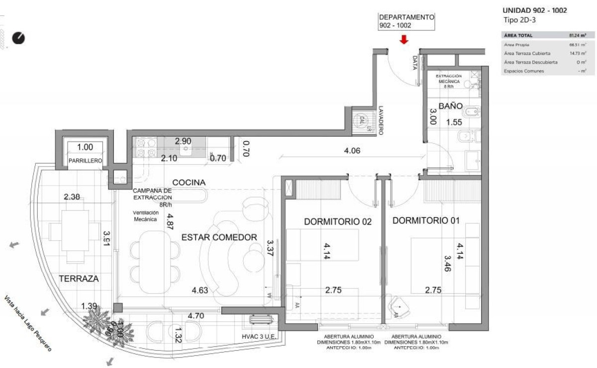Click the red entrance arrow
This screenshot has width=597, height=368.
(404, 40)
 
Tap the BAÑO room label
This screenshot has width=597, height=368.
(450, 106)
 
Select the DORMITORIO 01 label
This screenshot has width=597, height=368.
(426, 220)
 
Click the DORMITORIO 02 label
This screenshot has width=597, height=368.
(338, 221)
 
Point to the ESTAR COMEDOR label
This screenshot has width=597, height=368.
(219, 237)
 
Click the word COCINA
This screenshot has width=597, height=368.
(189, 183)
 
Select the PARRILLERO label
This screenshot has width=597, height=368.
(85, 161)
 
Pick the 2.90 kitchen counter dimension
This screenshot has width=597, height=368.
(183, 141)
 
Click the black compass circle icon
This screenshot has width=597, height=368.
(19, 38)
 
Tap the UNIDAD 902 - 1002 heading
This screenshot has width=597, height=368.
(535, 10)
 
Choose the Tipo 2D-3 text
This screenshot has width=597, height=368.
(519, 20)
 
